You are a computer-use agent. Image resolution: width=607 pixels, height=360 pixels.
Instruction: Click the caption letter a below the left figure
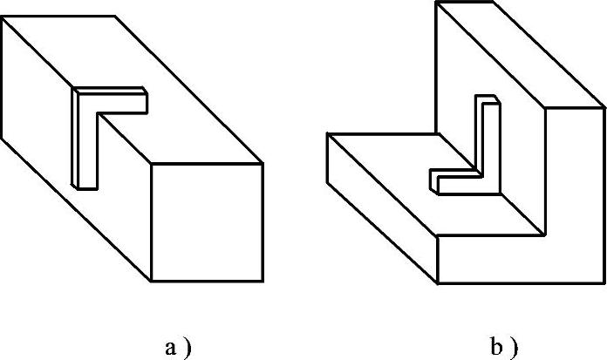click(x=170, y=348)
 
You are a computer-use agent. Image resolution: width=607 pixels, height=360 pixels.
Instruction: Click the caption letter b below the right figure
click(x=497, y=348)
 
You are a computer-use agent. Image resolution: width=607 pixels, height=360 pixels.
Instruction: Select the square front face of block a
click(x=208, y=222)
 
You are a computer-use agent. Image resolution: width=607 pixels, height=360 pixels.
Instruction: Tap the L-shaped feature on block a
click(x=96, y=122)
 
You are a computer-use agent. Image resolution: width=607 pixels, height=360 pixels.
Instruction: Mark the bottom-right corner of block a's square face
click(x=263, y=282)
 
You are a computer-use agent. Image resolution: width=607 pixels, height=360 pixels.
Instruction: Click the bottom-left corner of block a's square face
click(x=153, y=282)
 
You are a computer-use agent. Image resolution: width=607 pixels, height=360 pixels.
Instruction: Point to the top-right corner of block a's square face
click(x=263, y=163)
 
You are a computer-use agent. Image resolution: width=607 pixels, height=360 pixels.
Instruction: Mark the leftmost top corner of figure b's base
click(x=326, y=134)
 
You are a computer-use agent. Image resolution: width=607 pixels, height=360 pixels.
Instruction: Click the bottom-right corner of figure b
click(x=604, y=282)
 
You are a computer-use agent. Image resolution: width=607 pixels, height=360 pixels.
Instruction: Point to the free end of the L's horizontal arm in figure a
click(x=145, y=102)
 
